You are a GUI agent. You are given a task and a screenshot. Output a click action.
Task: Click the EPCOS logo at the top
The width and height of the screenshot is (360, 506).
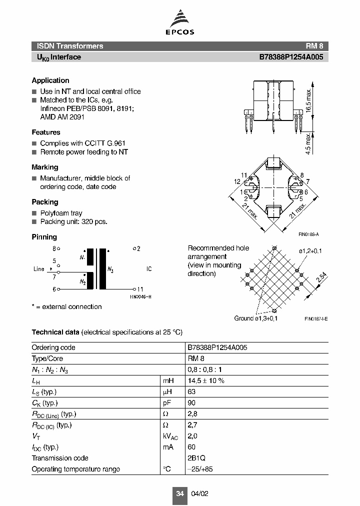tap(180, 24)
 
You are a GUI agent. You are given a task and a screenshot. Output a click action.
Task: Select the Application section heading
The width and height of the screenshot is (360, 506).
tap(50, 80)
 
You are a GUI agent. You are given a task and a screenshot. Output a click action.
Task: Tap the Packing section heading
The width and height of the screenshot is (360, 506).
tap(45, 202)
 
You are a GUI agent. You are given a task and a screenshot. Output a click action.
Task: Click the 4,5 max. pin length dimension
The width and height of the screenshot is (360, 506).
tap(308, 143)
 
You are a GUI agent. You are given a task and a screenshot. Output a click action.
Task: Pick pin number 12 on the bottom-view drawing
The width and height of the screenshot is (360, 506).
tap(237, 181)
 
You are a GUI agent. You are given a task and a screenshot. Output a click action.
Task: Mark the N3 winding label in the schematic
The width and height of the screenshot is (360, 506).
tap(110, 270)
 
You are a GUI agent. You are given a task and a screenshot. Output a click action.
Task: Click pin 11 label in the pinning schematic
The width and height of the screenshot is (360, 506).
tap(140, 289)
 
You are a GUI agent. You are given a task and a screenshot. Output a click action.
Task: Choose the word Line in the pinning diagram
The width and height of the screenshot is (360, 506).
tap(39, 269)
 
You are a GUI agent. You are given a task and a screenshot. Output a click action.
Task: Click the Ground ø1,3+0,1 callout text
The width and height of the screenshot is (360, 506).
tap(256, 318)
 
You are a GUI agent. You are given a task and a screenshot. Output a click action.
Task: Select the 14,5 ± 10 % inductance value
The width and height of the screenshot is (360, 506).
tap(205, 380)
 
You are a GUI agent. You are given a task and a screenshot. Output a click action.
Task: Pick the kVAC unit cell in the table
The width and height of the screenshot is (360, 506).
tap(170, 436)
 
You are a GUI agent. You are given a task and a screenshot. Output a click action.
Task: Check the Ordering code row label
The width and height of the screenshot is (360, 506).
tap(53, 347)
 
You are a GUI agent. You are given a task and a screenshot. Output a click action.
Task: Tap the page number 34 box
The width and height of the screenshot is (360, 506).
tap(180, 493)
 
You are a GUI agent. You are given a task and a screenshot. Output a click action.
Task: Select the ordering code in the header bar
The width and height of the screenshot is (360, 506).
tap(291, 57)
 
